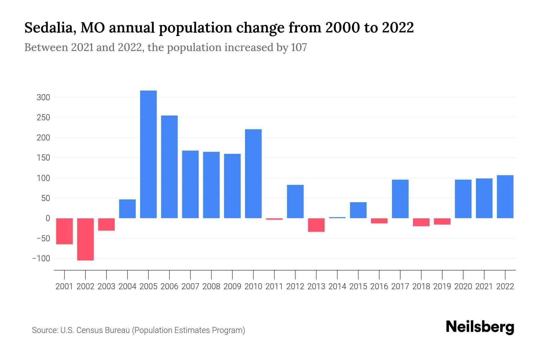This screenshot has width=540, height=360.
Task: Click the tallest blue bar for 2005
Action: click(x=148, y=154)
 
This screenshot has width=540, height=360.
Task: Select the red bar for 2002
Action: click(x=85, y=239)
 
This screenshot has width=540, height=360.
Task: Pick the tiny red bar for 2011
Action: click(x=274, y=219)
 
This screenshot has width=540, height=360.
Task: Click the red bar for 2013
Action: click(x=316, y=225)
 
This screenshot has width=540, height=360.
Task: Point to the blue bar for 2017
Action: click(x=400, y=199)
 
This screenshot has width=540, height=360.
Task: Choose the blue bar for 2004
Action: click(x=127, y=208)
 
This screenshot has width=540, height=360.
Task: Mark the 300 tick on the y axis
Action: click(x=43, y=97)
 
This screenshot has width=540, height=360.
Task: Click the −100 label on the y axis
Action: click(x=41, y=259)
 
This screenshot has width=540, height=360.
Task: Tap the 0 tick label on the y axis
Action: click(x=47, y=218)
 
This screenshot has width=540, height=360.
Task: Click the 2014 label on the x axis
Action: click(x=337, y=286)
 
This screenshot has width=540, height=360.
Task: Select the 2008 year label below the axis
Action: click(x=211, y=286)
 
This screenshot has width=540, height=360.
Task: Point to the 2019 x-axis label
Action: click(x=442, y=286)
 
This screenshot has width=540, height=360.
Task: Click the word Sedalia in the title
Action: click(x=48, y=28)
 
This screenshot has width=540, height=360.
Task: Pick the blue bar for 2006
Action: click(x=169, y=167)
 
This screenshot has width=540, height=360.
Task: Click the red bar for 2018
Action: click(x=421, y=222)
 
